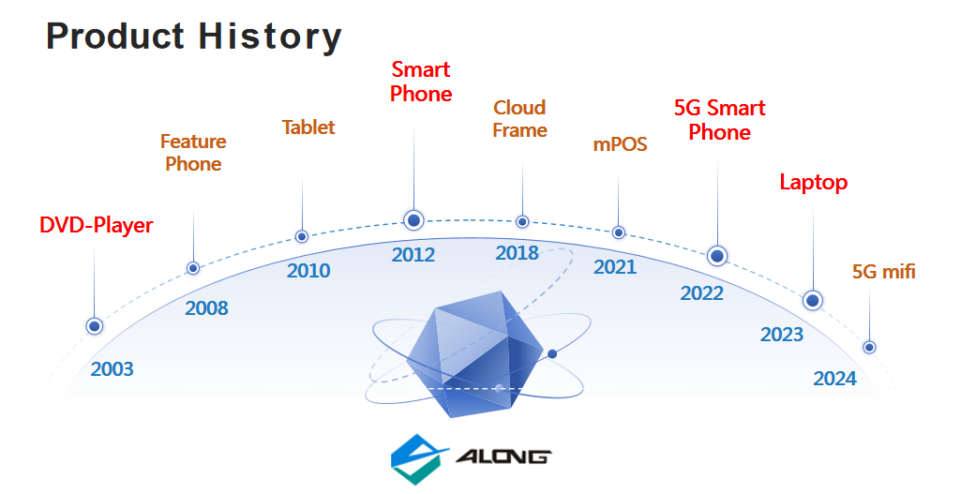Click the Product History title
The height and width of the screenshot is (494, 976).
click(x=193, y=37)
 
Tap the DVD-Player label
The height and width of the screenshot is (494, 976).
click(x=96, y=225)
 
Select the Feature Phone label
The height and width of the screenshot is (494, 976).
click(x=193, y=153)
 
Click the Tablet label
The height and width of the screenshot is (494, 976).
click(x=308, y=127)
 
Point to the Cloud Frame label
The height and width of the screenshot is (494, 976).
click(x=519, y=119)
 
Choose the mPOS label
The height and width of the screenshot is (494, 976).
click(x=620, y=144)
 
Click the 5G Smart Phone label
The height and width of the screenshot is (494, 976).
click(x=719, y=120)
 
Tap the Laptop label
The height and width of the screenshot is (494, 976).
click(x=814, y=182)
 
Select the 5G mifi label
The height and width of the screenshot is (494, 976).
click(x=884, y=271)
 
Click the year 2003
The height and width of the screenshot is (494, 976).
click(x=113, y=369)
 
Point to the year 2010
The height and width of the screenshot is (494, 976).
click(x=308, y=271)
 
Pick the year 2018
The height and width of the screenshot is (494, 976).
click(x=518, y=252)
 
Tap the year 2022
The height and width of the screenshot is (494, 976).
click(x=702, y=293)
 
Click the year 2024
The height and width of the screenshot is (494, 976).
click(x=834, y=379)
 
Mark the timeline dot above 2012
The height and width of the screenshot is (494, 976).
click(x=413, y=219)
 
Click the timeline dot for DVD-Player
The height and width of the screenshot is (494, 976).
click(x=95, y=326)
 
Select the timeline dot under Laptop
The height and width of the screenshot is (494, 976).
click(x=812, y=301)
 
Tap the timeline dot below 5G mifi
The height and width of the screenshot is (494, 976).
click(x=869, y=347)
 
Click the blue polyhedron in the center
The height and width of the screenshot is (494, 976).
click(x=475, y=352)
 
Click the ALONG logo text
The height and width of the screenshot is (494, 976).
click(x=503, y=457)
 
